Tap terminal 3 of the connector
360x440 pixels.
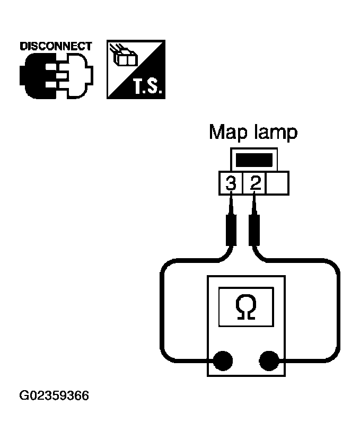pyautogui.click(x=231, y=183)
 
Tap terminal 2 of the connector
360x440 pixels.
pyautogui.click(x=255, y=183)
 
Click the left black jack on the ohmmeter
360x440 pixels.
pyautogui.click(x=223, y=362)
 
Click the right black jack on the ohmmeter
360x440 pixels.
pyautogui.click(x=269, y=362)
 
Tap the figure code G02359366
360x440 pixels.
pyautogui.click(x=54, y=396)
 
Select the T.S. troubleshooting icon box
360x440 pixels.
pyautogui.click(x=136, y=69)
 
